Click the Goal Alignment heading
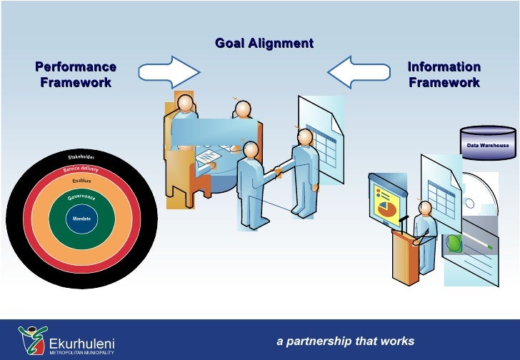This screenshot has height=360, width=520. pos(264,44)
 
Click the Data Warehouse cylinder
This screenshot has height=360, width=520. pos(489,142)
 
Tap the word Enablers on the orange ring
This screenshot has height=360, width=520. pos(81,181)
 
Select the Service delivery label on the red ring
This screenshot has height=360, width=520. pos(81,169)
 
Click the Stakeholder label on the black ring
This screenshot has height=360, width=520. pos(81,156)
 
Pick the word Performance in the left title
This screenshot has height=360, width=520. pos(76,67)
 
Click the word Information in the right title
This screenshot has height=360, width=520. pos(444,67)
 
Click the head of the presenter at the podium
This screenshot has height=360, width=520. pos(426,209)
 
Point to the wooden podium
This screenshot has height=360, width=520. pos(404,257)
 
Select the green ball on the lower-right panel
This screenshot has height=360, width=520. pos(454,243)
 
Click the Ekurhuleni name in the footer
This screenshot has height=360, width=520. pos(81,343)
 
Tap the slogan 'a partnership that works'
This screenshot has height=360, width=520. pos(345,341)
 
